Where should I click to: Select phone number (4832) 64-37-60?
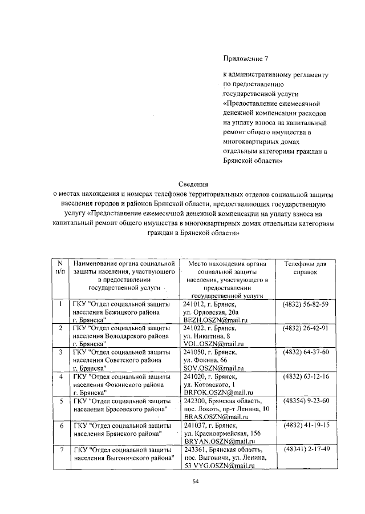tap(305, 352)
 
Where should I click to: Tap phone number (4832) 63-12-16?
tap(305, 376)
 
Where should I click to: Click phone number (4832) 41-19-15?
tap(305, 425)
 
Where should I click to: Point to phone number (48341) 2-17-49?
tap(305, 449)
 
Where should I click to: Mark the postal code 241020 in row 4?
tap(194, 377)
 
